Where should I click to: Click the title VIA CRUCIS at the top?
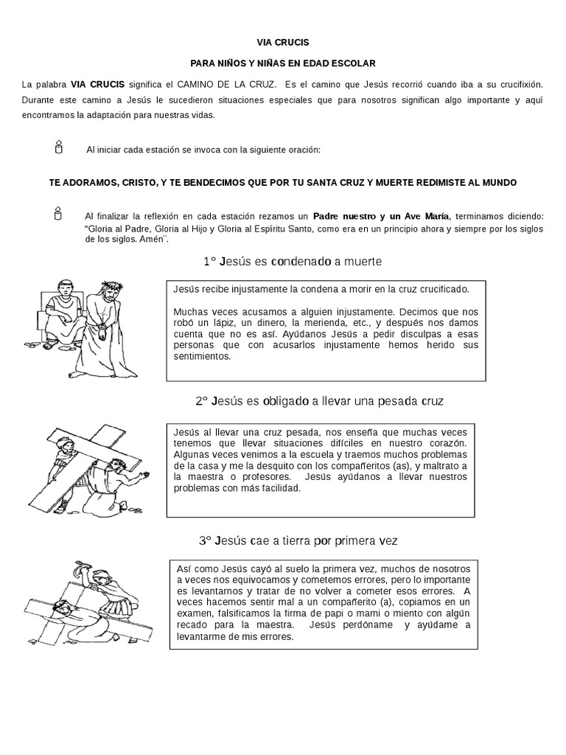pyautogui.click(x=283, y=42)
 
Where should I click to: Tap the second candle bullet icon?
pyautogui.click(x=57, y=215)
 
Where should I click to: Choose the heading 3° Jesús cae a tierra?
pyautogui.click(x=298, y=540)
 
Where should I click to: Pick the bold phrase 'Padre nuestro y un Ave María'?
pyautogui.click(x=382, y=216)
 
